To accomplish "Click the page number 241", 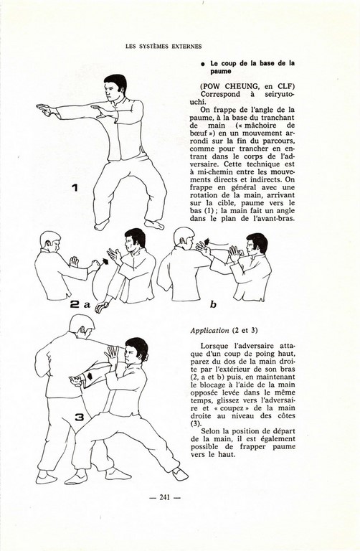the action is coord(165,497).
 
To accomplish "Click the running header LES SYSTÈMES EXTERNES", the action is coord(164,47).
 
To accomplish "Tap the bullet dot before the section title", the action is coord(203,65).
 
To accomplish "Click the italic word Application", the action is coord(209,331).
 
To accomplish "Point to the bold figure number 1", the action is coord(75,188).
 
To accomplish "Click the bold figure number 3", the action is coord(80,417).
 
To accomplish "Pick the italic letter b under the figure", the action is coord(213,304).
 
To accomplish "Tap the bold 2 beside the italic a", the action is coord(75,304).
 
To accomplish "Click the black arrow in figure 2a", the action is coord(104,263).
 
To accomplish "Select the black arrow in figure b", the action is coord(207,241).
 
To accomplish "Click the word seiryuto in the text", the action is coord(278,94).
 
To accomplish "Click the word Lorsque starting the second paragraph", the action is coord(214,346).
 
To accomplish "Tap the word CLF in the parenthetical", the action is coord(286,86).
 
